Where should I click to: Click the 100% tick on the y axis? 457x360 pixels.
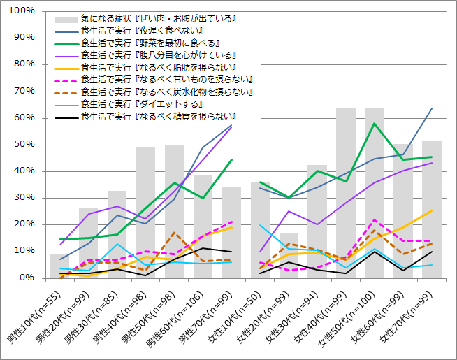[x=22, y=11]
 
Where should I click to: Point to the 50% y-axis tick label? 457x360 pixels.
[x=25, y=145]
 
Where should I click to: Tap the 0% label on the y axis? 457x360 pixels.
[x=28, y=278]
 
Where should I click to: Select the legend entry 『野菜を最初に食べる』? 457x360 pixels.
[x=151, y=43]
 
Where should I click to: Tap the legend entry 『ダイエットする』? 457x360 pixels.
[x=136, y=103]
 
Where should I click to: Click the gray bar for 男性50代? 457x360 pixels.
[x=174, y=210]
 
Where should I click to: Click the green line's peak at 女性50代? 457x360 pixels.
[x=375, y=124]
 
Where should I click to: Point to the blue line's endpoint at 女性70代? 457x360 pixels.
[x=432, y=108]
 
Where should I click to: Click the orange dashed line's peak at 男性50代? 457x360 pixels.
[x=174, y=233]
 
